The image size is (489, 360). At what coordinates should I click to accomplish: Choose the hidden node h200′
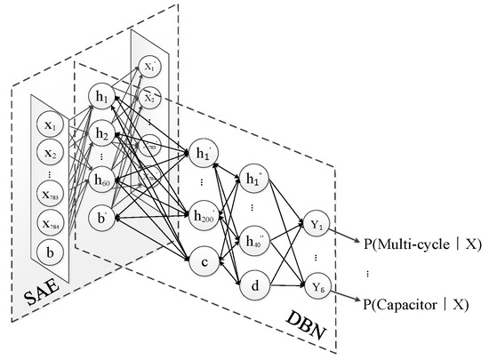pos(206,216)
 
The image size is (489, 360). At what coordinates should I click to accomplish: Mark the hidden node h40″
pos(256,239)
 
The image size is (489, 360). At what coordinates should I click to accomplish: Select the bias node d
pos(256,284)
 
